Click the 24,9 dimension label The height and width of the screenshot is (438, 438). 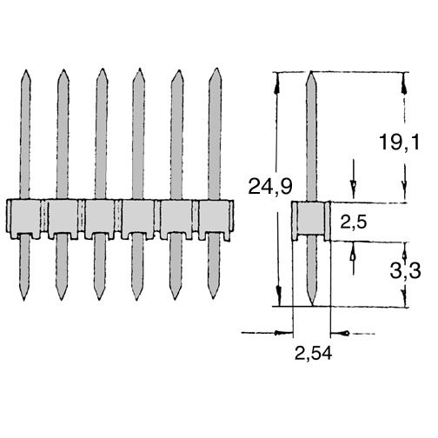[x=270, y=187]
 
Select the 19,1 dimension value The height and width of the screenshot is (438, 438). [x=400, y=143]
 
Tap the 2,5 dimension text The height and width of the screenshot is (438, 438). [x=354, y=222]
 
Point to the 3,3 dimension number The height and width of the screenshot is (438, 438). [x=405, y=271]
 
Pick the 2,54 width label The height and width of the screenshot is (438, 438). [x=313, y=354]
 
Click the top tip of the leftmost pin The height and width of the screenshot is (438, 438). [x=26, y=70]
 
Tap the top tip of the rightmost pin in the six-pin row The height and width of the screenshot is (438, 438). [x=216, y=69]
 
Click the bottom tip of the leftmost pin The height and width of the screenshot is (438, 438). [x=23, y=301]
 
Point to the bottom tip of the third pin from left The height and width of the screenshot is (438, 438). [x=99, y=300]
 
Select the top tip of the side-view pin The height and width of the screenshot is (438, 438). [x=311, y=71]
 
